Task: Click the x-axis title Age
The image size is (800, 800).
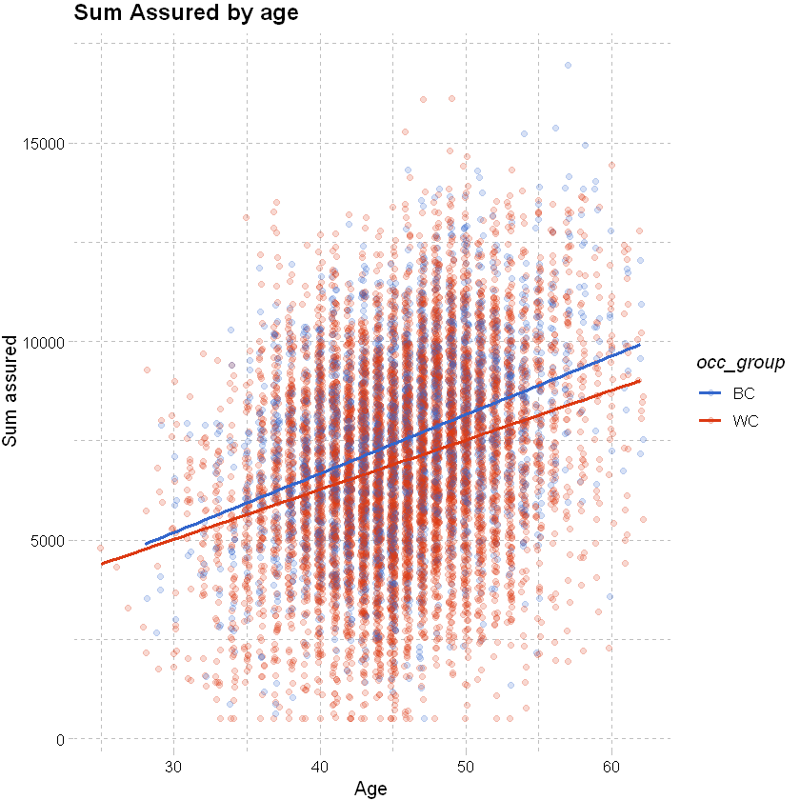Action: click(370, 789)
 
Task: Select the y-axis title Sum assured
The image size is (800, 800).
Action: click(11, 390)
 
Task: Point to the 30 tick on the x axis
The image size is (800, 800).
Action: click(174, 765)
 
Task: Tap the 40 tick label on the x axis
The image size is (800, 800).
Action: click(320, 765)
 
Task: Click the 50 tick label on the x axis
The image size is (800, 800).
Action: click(466, 765)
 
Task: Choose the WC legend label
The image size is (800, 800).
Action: click(746, 420)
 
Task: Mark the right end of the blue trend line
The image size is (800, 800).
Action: click(640, 344)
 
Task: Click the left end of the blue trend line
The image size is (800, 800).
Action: click(146, 544)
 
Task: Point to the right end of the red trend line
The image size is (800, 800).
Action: click(640, 380)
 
